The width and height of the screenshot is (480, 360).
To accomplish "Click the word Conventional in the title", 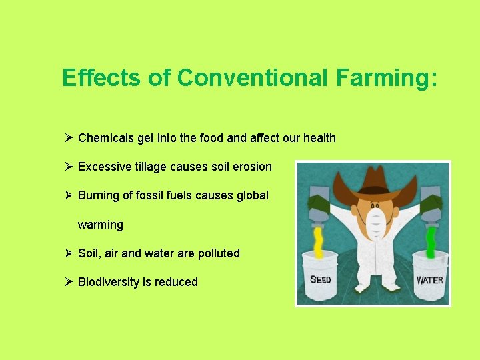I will point(251,78).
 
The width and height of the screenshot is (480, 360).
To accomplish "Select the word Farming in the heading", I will point(387,78).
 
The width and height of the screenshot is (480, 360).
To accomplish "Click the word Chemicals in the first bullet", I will point(106,138).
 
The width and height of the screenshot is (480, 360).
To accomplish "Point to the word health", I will point(319,138).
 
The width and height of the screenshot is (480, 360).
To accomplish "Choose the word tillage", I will point(149,167).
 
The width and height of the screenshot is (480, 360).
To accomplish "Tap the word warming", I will point(101,225).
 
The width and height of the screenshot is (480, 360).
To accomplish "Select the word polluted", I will point(215,253).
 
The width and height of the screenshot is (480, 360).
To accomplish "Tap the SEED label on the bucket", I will point(321,279).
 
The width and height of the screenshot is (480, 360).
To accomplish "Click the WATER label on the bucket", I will point(429,279).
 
